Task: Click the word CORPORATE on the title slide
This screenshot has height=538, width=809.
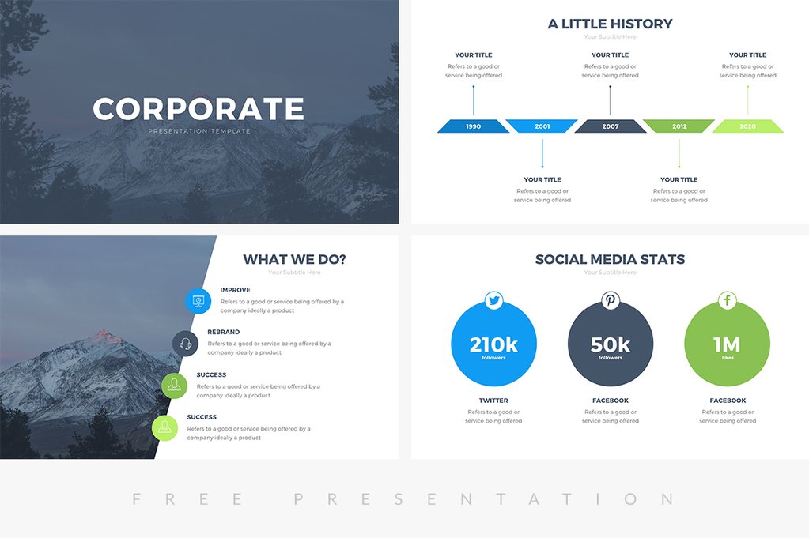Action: tap(198, 109)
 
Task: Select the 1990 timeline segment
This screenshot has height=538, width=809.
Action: tap(473, 126)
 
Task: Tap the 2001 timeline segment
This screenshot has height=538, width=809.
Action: tap(542, 126)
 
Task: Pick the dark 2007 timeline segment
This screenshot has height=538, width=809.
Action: tap(610, 126)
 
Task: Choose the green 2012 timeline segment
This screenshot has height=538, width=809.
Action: tap(679, 126)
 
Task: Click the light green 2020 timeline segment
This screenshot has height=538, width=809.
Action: tap(747, 126)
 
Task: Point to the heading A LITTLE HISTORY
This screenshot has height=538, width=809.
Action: tap(610, 24)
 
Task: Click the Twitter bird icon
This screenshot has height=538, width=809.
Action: tap(494, 300)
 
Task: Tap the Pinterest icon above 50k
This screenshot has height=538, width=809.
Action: tap(611, 300)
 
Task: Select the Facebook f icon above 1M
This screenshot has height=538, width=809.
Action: tap(727, 300)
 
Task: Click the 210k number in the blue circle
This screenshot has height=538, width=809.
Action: tap(493, 345)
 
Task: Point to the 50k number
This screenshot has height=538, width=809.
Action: tap(611, 345)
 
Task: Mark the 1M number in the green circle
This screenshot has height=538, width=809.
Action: tap(727, 345)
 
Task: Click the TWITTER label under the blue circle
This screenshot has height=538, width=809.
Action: tap(493, 401)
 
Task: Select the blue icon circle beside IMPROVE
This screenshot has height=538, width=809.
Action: tap(198, 300)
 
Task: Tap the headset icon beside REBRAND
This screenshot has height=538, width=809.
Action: tap(185, 344)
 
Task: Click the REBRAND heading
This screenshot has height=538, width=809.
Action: tap(224, 333)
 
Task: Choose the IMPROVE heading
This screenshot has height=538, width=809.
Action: tap(236, 290)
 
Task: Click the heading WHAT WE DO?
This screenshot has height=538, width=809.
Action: tap(294, 259)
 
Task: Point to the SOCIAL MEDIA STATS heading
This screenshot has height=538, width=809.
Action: tap(610, 259)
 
